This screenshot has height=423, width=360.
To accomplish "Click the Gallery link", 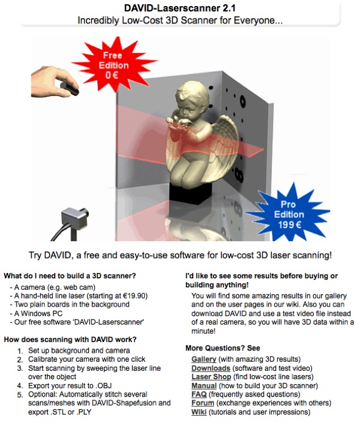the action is [204, 359].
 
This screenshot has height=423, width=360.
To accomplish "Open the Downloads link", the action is [211, 368].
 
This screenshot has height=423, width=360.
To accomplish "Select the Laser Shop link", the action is [211, 377].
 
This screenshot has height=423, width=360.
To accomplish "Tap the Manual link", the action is [204, 386].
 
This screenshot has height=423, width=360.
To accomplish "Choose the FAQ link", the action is [199, 394].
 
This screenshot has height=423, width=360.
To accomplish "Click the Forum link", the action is [203, 403].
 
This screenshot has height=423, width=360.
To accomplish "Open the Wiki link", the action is [199, 412].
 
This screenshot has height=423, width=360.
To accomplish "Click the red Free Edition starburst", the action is [113, 65].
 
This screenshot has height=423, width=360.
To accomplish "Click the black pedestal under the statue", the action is [191, 193].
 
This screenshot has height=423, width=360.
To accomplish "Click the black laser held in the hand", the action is [70, 89].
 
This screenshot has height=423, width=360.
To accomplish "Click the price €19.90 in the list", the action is [134, 296].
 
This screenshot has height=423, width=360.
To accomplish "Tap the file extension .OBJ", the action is [104, 386].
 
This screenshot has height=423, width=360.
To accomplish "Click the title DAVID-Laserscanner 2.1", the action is [180, 8].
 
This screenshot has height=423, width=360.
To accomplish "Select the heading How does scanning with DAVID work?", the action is [70, 340].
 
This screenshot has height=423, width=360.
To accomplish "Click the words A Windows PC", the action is [38, 313].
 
